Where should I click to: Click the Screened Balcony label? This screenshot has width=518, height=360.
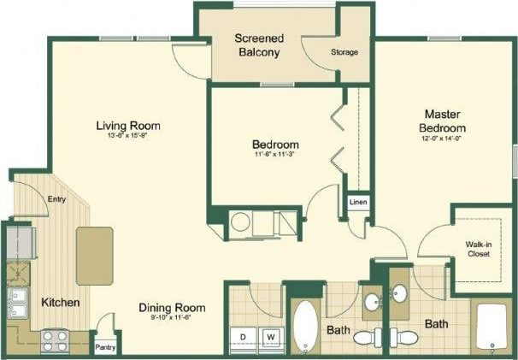[x=260, y=45]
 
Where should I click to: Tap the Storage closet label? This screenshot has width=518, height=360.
[x=344, y=52]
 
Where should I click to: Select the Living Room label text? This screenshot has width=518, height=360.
[x=128, y=127]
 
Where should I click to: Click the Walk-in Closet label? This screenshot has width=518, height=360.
[x=478, y=249]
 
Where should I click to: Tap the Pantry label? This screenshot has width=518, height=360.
[x=106, y=346]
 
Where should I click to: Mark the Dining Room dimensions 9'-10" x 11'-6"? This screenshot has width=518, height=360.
[x=171, y=317]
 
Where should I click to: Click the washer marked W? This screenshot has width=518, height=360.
[x=272, y=337]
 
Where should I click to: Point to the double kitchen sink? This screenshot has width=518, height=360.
[x=16, y=303]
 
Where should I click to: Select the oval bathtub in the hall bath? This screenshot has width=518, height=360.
[x=304, y=327]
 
